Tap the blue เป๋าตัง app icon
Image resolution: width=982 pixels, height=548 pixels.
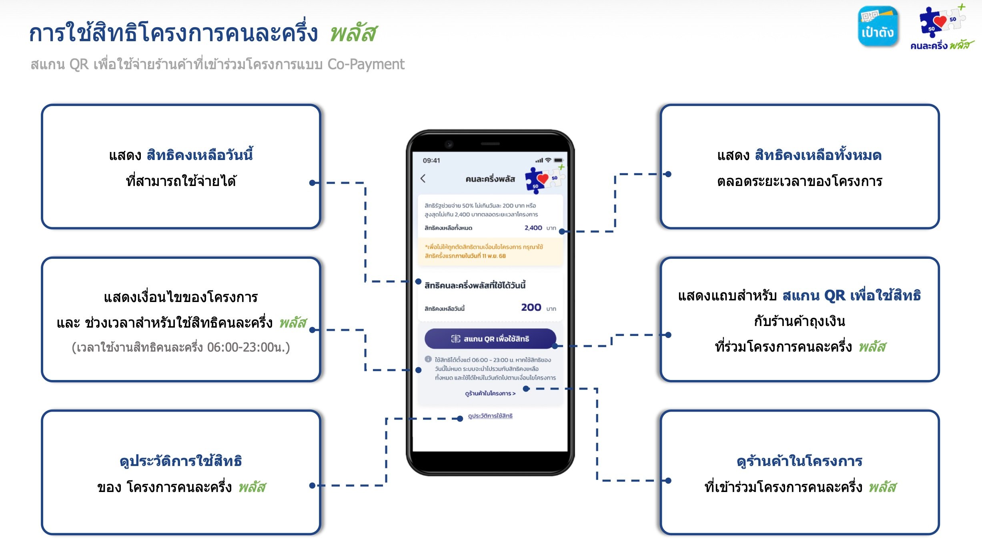[x=878, y=26]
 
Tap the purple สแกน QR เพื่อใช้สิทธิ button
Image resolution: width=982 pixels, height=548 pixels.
[x=490, y=339]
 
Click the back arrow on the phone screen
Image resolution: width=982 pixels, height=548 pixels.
[x=423, y=178]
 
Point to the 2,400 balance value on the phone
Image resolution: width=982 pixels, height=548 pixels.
[x=533, y=228]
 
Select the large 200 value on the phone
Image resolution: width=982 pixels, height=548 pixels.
[x=531, y=307]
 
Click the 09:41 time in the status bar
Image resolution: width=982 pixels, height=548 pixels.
[x=431, y=160]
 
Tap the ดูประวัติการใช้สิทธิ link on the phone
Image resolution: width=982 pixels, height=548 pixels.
[x=490, y=416]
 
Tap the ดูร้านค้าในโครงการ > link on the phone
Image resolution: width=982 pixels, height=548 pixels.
[x=490, y=394]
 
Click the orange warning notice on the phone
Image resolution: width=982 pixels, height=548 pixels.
[x=490, y=252]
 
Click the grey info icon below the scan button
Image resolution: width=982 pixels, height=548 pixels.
[x=428, y=359]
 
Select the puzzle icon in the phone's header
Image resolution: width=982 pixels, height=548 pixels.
[x=545, y=179]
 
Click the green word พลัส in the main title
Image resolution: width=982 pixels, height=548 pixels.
[x=353, y=33]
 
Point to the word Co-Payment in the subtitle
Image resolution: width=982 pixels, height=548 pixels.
[x=366, y=64]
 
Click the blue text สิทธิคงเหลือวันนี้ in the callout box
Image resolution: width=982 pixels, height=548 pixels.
[x=200, y=155]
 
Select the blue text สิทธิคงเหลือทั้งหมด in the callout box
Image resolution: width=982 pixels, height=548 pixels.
[x=818, y=155]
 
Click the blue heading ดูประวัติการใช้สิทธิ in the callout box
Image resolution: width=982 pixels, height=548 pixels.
[x=181, y=461]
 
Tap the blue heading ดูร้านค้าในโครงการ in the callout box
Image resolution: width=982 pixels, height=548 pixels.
[x=800, y=461]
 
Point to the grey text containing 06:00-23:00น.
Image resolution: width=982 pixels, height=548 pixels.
[x=181, y=347]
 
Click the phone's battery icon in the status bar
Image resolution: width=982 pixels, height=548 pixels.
[x=558, y=160]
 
